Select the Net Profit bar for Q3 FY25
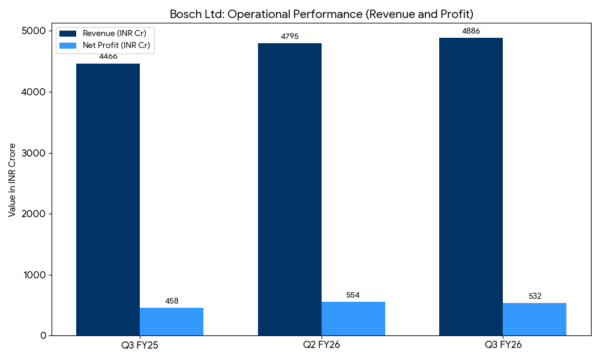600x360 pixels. tap(172, 322)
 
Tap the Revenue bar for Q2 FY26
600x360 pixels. tap(290, 189)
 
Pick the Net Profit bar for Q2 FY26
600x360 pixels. tap(353, 319)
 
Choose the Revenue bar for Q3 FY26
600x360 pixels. tap(471, 187)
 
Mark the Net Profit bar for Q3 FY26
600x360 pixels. tap(535, 319)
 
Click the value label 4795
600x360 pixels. tap(290, 37)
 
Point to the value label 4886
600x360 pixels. tap(471, 31)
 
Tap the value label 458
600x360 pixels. tap(172, 301)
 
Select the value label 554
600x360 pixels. tap(353, 295)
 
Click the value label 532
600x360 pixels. tap(535, 296)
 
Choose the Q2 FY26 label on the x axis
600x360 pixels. tap(322, 345)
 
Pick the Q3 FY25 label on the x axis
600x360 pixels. tap(140, 345)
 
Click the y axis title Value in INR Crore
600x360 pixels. tap(12, 180)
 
